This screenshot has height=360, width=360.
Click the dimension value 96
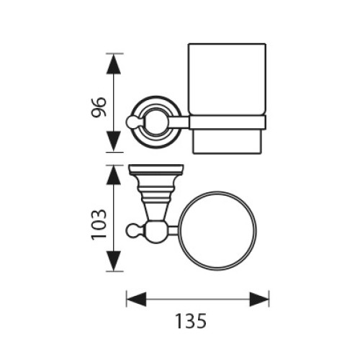(99, 107)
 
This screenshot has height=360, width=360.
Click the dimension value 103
(99, 225)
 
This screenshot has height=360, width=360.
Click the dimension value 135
(192, 321)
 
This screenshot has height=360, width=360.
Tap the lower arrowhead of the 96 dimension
(113, 141)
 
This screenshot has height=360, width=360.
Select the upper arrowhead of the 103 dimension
(113, 176)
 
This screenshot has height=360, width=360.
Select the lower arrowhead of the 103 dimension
(113, 261)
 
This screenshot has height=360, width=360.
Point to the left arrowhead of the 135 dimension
(136, 300)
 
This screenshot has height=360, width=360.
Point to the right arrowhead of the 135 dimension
(259, 300)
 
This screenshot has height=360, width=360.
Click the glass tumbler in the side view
(227, 99)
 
